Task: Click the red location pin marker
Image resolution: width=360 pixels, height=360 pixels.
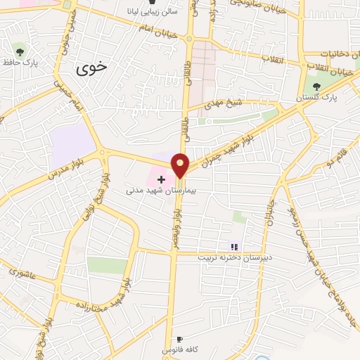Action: point(181,165)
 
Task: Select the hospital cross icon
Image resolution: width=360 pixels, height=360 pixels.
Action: point(161,180)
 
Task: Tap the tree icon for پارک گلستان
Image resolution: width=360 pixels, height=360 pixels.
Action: point(317,86)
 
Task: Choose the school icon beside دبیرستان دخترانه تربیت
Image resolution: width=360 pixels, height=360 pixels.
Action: point(235,246)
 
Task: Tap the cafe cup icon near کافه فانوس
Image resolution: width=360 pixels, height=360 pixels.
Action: point(181,339)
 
